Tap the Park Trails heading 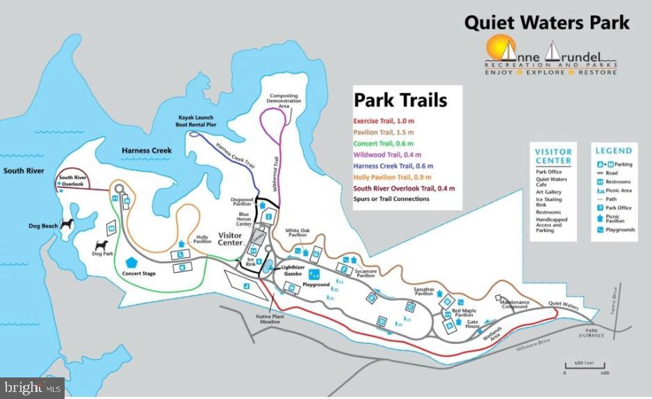coord(400,100)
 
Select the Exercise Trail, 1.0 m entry coord(384,121)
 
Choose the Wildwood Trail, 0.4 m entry coord(387,155)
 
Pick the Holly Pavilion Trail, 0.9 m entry coord(393,177)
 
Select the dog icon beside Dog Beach coord(67,225)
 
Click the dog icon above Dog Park coord(101,246)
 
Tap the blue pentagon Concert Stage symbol coord(131,263)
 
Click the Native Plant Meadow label coord(267,320)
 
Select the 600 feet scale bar coord(584,367)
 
